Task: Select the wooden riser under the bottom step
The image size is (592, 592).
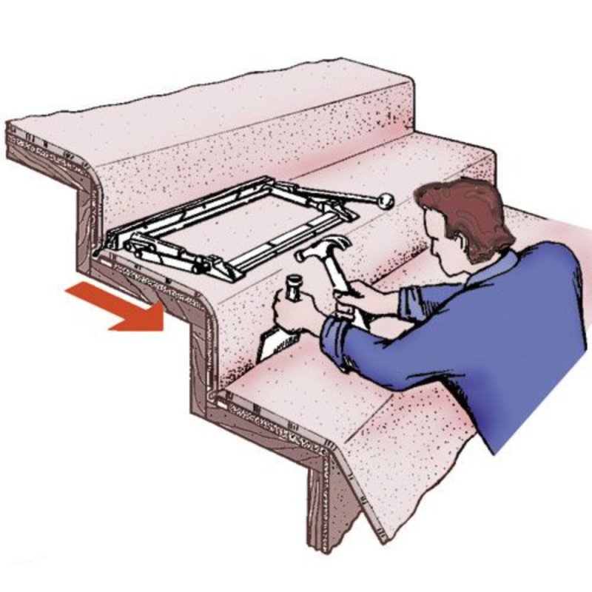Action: (326, 503)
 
